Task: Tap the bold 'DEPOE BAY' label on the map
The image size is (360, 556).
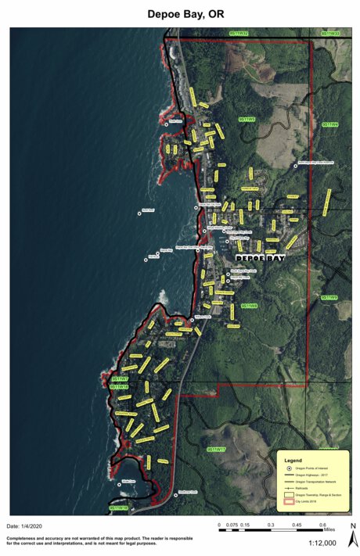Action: [261, 256]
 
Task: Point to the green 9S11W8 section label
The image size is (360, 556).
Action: [250, 306]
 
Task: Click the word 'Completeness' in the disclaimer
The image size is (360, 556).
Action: [25, 539]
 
